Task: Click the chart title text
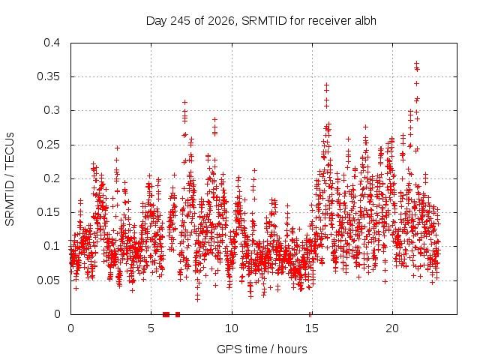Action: click(x=261, y=21)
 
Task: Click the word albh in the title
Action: click(x=365, y=21)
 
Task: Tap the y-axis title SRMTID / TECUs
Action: click(x=10, y=179)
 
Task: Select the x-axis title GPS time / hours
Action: click(x=262, y=349)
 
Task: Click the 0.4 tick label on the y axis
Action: click(x=52, y=43)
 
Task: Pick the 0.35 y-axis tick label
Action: click(x=48, y=76)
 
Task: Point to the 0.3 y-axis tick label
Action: click(x=52, y=110)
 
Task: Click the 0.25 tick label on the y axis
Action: click(x=48, y=145)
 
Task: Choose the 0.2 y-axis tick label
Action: click(x=52, y=178)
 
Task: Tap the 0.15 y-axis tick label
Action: click(x=48, y=212)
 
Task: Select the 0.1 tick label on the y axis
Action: click(x=52, y=246)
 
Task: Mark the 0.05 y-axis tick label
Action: click(x=48, y=280)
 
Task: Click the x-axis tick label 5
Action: click(x=151, y=328)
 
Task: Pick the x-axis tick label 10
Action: click(x=232, y=328)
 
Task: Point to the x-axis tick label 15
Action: click(x=312, y=328)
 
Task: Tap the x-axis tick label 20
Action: click(x=392, y=328)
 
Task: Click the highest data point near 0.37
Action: click(x=416, y=63)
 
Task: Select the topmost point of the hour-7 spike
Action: click(x=184, y=102)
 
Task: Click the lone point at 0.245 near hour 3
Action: click(x=117, y=148)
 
